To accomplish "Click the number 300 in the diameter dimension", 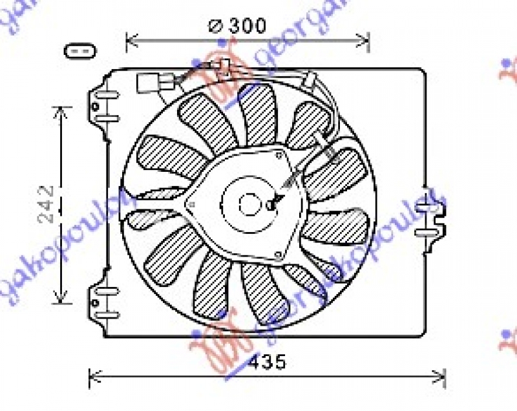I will (x=245, y=26).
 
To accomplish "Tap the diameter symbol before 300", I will (x=215, y=26).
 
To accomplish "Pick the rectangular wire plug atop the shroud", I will (x=148, y=83).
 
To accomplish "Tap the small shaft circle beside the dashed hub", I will (x=271, y=205).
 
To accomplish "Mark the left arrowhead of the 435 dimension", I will (x=92, y=375).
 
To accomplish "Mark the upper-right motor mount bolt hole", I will (x=279, y=155).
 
